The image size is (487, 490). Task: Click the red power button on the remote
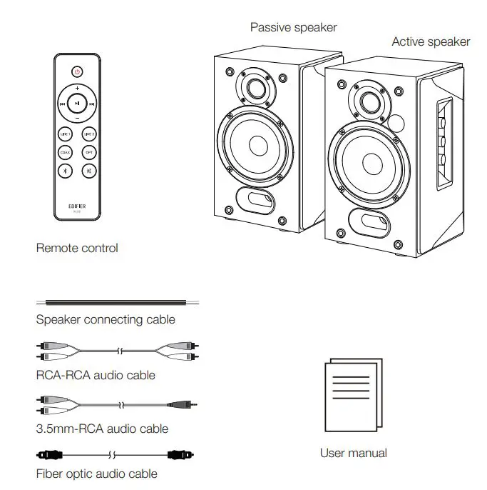click(77, 71)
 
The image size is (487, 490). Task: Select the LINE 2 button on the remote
click(89, 134)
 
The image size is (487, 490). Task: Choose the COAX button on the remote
click(64, 152)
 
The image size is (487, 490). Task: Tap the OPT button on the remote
click(89, 152)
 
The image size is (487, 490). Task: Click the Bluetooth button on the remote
click(64, 171)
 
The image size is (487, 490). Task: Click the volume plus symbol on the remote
click(77, 88)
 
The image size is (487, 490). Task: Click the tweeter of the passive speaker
click(255, 88)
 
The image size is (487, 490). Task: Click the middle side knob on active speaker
click(442, 141)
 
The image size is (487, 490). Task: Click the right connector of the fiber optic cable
click(180, 454)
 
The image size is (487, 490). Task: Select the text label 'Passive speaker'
click(293, 28)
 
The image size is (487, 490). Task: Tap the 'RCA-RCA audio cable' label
click(96, 375)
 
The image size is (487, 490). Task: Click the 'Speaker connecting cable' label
click(106, 320)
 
